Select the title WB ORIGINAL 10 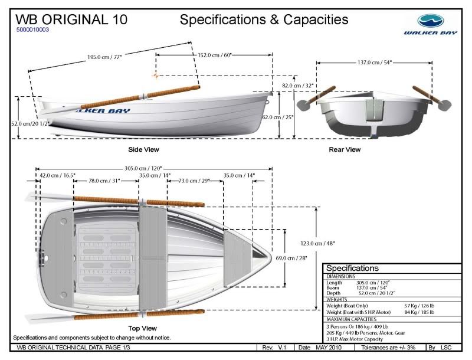pyautogui.click(x=71, y=19)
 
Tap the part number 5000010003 pyautogui.click(x=33, y=29)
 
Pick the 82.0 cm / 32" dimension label pyautogui.click(x=298, y=86)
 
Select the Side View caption pyautogui.click(x=143, y=150)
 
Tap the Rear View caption pyautogui.click(x=345, y=150)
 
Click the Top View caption pyautogui.click(x=142, y=328)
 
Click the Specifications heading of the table pyautogui.click(x=353, y=269)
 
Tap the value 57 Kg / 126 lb pyautogui.click(x=419, y=306)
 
